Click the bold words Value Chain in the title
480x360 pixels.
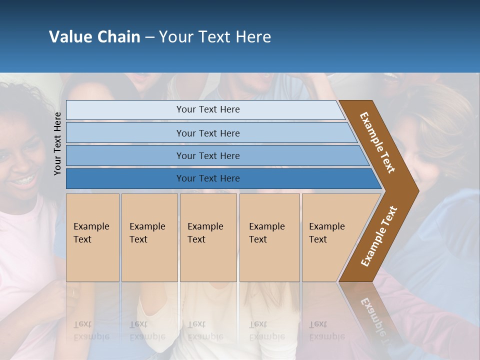click(94, 37)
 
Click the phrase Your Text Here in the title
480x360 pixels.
click(215, 37)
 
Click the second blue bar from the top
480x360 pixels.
click(207, 133)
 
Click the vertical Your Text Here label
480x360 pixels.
click(57, 143)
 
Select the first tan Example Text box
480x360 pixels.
click(92, 237)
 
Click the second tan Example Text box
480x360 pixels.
click(149, 237)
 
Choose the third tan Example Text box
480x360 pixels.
click(208, 237)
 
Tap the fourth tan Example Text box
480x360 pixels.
click(269, 237)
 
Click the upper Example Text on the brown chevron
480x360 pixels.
click(377, 142)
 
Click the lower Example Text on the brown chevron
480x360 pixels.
click(379, 236)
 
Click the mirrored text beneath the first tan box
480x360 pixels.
click(91, 330)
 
